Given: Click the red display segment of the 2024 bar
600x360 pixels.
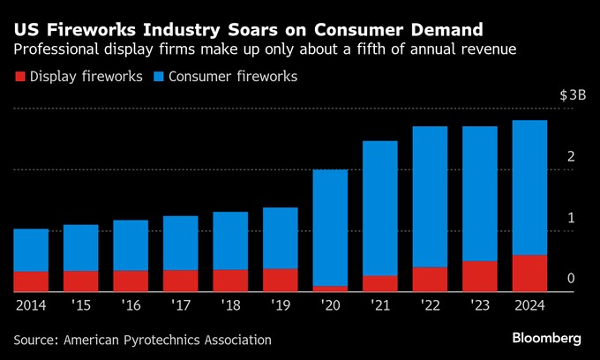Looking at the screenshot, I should (x=529, y=274).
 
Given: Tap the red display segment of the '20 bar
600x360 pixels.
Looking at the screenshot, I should (x=331, y=289).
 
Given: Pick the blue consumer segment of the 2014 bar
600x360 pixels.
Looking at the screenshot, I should (x=31, y=250).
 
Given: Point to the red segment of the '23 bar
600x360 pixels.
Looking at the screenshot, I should (x=480, y=276).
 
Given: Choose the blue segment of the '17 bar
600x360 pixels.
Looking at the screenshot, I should (x=181, y=243).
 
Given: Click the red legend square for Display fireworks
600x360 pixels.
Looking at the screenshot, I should (x=19, y=77).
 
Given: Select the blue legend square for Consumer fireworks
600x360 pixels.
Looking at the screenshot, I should (x=161, y=77).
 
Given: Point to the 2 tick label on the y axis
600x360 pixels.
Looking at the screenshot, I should (x=572, y=157).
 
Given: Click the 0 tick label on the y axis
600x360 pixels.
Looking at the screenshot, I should (x=572, y=279).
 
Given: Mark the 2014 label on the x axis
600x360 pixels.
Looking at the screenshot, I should (x=31, y=306).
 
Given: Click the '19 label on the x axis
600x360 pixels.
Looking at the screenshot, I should (x=281, y=306).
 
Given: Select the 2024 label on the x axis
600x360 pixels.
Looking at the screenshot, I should (x=529, y=306).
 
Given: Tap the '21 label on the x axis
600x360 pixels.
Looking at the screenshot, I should (x=380, y=306).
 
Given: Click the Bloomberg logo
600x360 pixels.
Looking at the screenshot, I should (x=547, y=338).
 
